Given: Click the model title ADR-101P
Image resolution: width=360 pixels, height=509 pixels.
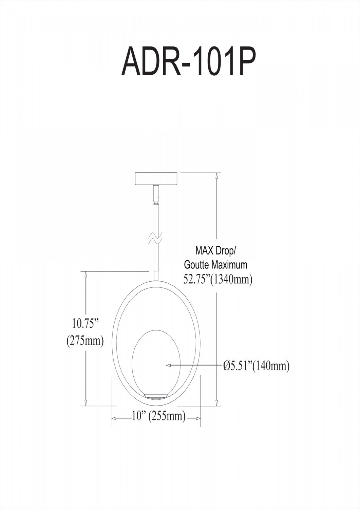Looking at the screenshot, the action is coord(189,61).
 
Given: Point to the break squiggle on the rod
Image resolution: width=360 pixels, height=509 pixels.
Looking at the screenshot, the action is coord(155,238).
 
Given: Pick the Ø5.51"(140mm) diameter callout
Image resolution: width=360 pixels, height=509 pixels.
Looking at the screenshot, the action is coord(256,365).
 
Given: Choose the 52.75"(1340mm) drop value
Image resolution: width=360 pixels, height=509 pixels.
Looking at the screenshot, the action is coord(218,279).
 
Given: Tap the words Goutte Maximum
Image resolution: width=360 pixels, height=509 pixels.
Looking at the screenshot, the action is coord(215,265).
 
